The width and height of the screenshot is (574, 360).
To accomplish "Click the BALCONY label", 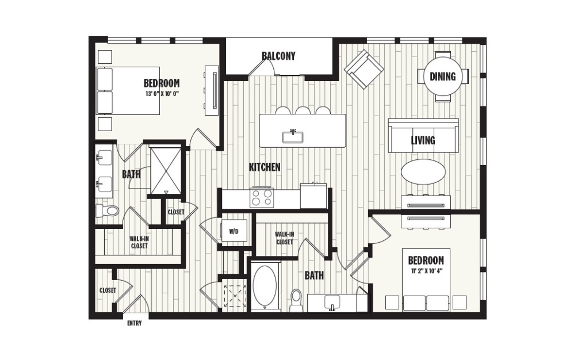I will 278,56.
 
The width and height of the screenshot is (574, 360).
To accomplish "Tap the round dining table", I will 442,76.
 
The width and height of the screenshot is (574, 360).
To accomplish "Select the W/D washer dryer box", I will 234,231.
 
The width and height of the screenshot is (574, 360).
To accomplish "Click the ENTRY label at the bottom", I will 135,323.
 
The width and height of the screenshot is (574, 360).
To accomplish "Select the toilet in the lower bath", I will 296,299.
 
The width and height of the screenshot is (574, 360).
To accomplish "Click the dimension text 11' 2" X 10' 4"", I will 426,271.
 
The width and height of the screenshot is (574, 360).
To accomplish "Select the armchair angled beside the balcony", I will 363,69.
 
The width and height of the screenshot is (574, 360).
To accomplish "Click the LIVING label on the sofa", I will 423,140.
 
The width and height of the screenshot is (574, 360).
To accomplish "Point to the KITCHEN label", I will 265,167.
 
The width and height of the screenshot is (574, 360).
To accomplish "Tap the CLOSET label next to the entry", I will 108,290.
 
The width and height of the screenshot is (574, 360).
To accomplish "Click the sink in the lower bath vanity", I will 332,301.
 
